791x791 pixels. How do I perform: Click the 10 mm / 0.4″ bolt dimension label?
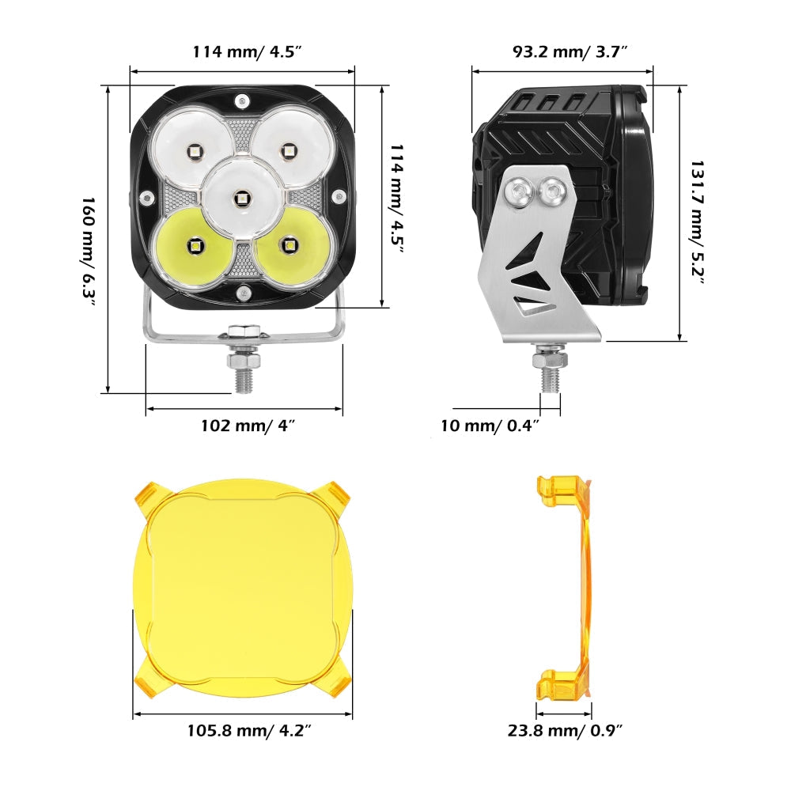[490, 426]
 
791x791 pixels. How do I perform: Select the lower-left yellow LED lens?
[193, 248]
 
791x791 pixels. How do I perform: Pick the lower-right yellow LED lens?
[290, 248]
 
